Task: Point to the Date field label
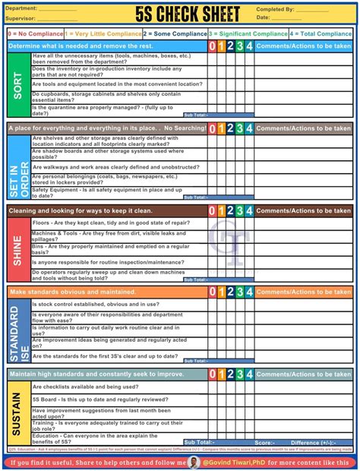(x=264, y=17)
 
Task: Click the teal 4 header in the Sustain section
(x=249, y=375)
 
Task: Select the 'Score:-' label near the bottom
(x=264, y=442)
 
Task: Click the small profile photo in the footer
(x=194, y=462)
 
